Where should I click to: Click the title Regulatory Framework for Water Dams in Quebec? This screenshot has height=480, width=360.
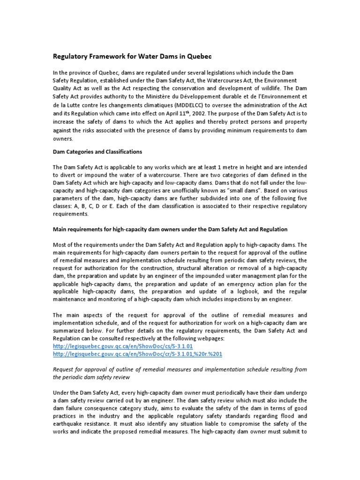132,56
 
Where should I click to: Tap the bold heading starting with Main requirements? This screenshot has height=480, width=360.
170,229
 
